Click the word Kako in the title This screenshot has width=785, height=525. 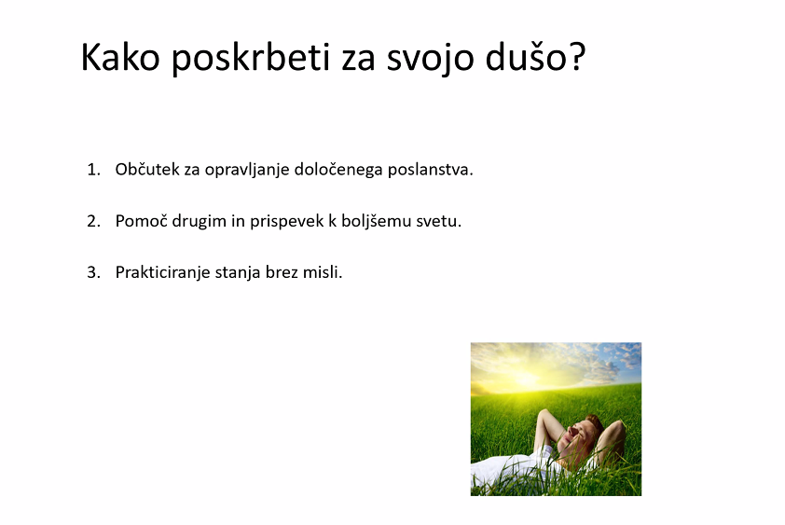(120, 57)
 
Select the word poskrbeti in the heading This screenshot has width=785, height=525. (251, 59)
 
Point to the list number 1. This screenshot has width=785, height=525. (93, 170)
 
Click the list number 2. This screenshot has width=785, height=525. (93, 221)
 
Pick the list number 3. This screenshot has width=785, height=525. (93, 272)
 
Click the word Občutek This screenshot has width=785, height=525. (147, 170)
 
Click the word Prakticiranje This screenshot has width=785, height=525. (163, 273)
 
